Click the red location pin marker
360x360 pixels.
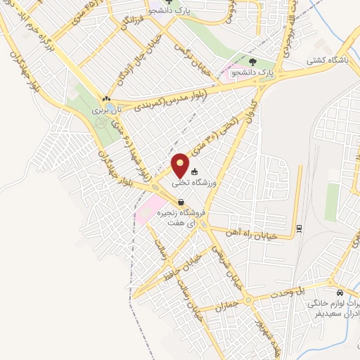click(182, 165)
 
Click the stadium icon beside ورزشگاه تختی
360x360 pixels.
click(195, 171)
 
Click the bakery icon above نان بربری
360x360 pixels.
click(106, 99)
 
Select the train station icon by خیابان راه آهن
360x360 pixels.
click(298, 228)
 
